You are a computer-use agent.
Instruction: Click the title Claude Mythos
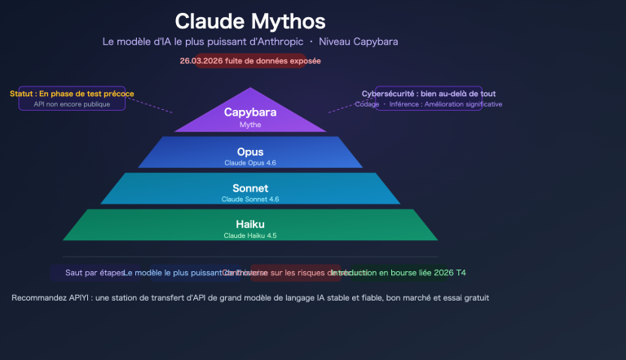249,21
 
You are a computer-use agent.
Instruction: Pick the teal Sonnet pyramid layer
250,188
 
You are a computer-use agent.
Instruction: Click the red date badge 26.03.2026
250,61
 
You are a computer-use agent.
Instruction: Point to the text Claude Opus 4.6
250,163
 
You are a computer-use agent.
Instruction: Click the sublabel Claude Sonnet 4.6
250,199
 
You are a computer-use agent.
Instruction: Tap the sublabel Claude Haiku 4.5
250,235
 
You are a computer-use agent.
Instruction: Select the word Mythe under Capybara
250,125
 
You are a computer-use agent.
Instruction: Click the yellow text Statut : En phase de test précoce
72,94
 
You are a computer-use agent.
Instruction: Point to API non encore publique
72,104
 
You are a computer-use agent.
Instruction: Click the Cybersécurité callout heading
429,94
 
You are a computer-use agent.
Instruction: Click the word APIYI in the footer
75,298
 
